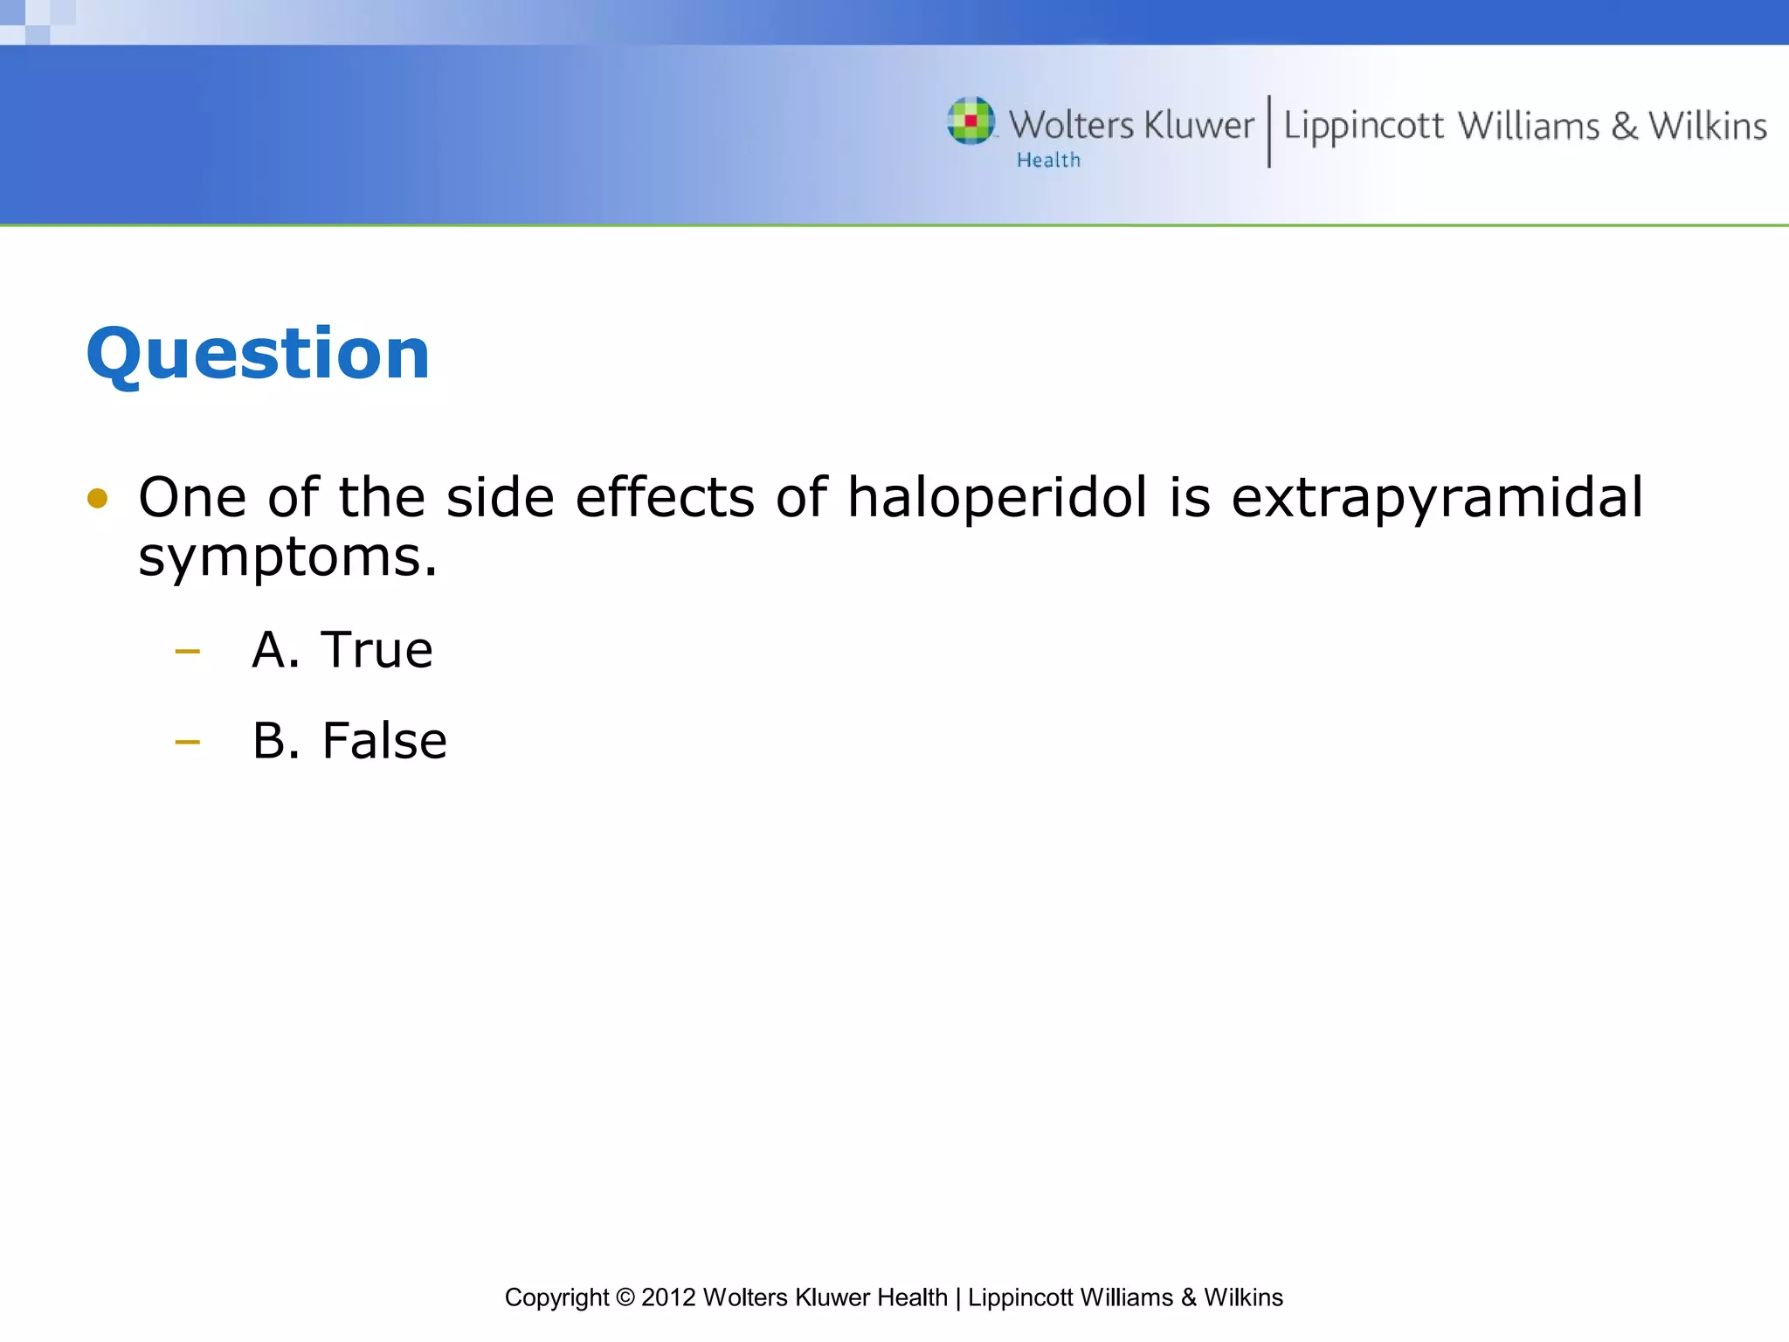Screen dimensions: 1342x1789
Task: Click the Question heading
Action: tap(258, 353)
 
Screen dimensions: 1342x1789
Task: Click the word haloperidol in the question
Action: tap(997, 497)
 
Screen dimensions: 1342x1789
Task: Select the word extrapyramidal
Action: tap(1437, 499)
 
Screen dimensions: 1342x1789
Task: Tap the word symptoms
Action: tap(287, 558)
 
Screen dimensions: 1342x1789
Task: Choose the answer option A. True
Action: tap(342, 650)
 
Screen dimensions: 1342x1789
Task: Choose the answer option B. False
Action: tap(349, 741)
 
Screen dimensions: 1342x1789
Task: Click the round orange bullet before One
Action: tap(97, 499)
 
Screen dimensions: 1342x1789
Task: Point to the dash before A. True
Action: tap(187, 651)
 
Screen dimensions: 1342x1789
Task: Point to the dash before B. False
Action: tap(187, 743)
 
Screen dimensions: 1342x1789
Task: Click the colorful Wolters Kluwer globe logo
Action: tap(970, 121)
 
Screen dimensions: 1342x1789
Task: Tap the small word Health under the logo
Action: tap(1048, 161)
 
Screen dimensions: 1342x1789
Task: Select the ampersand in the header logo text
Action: tap(1624, 127)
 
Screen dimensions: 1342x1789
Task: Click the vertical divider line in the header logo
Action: tap(1268, 131)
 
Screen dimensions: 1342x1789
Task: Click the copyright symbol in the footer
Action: tap(625, 1297)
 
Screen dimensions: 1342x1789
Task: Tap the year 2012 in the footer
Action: tap(668, 1297)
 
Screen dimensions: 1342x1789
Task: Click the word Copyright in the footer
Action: tap(556, 1298)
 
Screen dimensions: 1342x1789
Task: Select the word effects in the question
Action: tap(665, 497)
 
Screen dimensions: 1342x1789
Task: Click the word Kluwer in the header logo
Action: tap(1198, 126)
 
